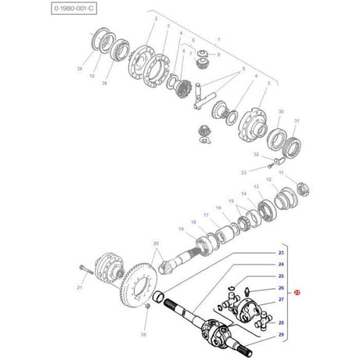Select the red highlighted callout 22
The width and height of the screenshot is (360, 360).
click(297, 292)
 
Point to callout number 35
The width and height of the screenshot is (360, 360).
click(142, 333)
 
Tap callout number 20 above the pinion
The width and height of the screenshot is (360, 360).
click(155, 243)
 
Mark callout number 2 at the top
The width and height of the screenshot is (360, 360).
click(156, 17)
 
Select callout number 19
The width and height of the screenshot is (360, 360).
click(181, 229)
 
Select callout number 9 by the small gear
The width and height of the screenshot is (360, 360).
click(218, 56)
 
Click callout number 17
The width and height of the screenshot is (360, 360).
click(206, 214)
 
